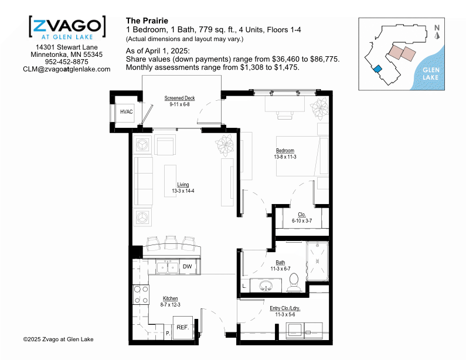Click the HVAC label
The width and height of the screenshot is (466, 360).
point(126,112)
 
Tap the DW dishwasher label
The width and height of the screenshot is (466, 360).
point(187,266)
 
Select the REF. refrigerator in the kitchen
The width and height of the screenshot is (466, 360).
point(183,328)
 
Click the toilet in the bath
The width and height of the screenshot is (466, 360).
point(294,283)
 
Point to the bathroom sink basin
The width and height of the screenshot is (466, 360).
point(266,286)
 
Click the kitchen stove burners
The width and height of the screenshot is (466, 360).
point(141,294)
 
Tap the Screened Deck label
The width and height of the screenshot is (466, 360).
point(179,98)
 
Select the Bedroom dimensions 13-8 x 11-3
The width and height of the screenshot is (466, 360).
point(285,157)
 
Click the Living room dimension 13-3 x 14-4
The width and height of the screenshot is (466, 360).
point(183,191)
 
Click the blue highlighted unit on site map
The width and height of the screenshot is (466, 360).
point(377,69)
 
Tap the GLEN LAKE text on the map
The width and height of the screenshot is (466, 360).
point(431,74)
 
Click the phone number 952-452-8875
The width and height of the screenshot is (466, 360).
point(67,62)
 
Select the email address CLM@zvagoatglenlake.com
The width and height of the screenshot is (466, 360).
point(67,69)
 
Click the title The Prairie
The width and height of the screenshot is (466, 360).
point(147,21)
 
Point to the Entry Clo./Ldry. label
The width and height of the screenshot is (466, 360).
point(285,308)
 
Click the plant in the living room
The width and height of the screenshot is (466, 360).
point(225,145)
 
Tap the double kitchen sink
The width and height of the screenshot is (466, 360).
point(168,267)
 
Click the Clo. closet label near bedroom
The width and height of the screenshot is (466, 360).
point(302,215)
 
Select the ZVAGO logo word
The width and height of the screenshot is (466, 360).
point(67,26)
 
